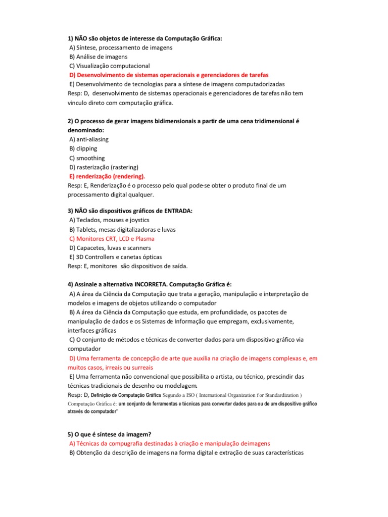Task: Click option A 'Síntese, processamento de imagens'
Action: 121,47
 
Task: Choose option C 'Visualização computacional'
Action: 110,66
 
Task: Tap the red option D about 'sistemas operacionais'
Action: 169,75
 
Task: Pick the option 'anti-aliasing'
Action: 89,139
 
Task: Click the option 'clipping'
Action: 83,148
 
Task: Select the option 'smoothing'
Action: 87,158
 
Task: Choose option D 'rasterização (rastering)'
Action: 104,167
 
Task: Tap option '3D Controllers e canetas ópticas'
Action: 116,257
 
